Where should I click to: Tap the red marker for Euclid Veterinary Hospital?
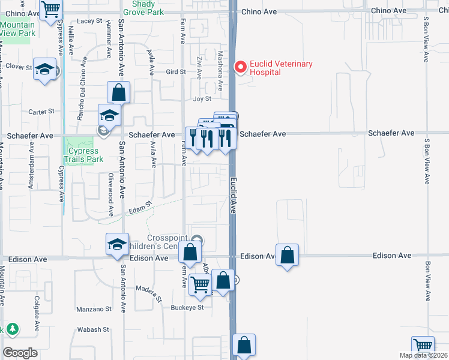241,67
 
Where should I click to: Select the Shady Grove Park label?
143,7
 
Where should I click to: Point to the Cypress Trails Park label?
83,155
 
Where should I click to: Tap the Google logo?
20,353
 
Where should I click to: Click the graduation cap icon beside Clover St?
45,70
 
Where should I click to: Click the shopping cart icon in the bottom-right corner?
423,346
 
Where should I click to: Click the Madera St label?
152,293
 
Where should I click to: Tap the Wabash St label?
93,329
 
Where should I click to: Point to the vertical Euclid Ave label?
234,196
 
